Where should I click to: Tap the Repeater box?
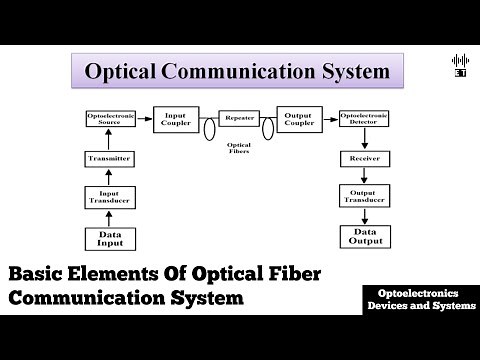[239, 119]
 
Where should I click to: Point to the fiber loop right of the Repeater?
[268, 128]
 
